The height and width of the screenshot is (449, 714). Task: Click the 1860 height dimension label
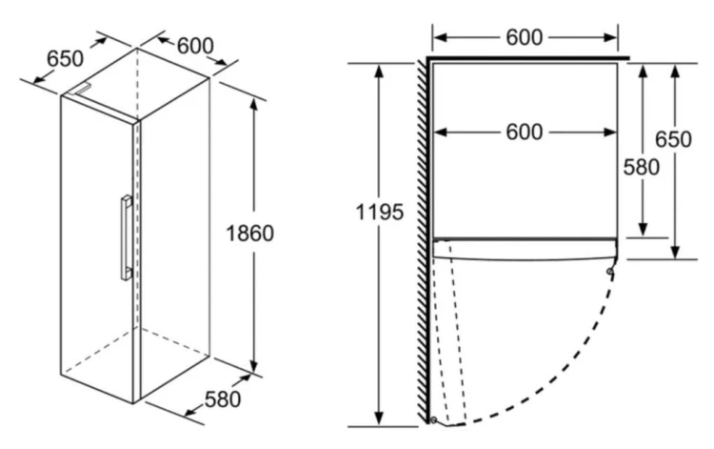pos(250,234)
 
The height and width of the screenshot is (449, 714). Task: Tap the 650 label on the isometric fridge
pos(65,59)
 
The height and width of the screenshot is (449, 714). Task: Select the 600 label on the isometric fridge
pos(195,46)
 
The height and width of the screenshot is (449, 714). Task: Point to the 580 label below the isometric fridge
pos(223,399)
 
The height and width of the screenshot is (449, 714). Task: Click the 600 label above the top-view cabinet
pos(525,37)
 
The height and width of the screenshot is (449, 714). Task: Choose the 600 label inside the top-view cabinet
pos(525,133)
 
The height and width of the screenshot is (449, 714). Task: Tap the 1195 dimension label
pos(379,213)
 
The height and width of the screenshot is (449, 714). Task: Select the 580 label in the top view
pos(641,167)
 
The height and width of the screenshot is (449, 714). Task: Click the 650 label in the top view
pos(673,139)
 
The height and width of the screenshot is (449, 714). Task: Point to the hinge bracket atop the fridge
pos(83,89)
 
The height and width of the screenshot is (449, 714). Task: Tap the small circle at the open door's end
pos(433,419)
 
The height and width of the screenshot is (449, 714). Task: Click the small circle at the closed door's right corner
pos(609,272)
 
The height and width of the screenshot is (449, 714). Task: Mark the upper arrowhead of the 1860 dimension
pos(253,105)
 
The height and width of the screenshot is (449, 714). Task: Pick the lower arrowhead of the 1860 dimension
pos(253,366)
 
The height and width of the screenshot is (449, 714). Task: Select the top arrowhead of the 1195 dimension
pos(378,71)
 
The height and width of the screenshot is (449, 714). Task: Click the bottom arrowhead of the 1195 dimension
pos(378,418)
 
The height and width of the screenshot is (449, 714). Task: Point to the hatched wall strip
pos(423,241)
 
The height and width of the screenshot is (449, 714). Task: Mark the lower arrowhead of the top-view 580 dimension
pos(643,230)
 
